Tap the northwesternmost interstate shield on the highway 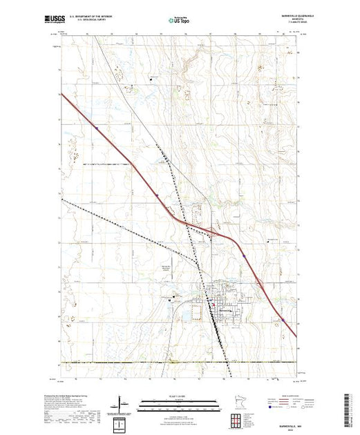tap(98, 127)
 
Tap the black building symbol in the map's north tap(151, 81)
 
